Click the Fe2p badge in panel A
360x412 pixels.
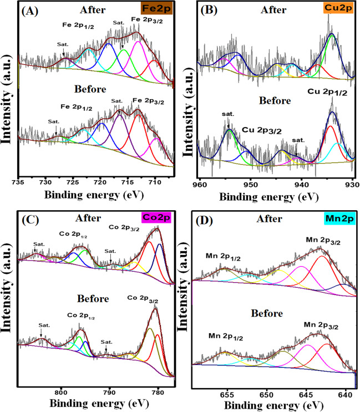[x=160, y=10]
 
